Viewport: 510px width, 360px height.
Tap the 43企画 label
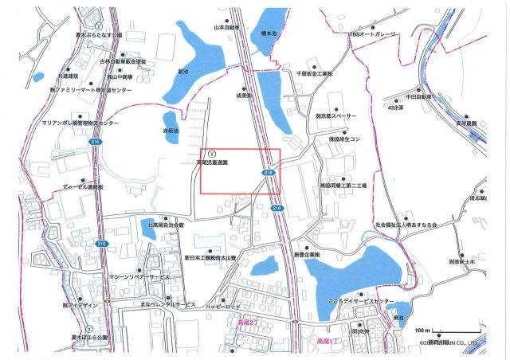[396, 108]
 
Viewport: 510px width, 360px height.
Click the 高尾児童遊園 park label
[213, 162]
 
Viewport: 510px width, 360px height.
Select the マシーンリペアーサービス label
[138, 276]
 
